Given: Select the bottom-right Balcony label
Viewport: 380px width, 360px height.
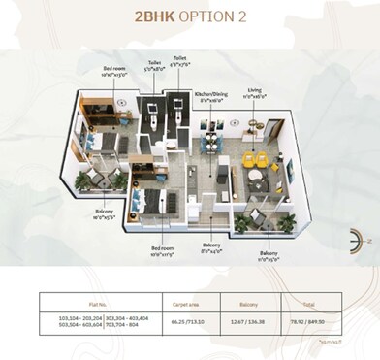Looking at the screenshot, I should (268, 256).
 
